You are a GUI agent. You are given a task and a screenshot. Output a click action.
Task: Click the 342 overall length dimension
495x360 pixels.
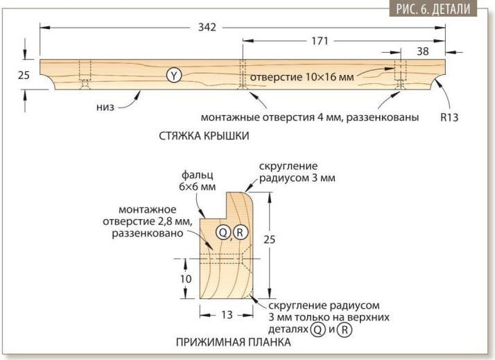[207, 28]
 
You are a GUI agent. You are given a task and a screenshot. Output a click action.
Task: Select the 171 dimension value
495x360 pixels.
[320, 41]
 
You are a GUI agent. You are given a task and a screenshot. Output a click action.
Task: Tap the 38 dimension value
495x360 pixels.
[423, 51]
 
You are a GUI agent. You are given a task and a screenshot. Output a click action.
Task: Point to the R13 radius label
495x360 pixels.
[449, 117]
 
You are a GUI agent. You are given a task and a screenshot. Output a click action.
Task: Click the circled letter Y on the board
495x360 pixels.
[174, 76]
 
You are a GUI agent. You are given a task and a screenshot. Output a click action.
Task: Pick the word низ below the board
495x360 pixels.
[105, 108]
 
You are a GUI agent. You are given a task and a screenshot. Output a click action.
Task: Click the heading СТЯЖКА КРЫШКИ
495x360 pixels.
[204, 136]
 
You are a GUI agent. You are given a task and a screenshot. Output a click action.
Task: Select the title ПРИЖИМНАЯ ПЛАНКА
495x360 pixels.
[234, 343]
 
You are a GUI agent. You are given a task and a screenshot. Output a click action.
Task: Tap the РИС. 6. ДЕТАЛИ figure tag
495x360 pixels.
[433, 9]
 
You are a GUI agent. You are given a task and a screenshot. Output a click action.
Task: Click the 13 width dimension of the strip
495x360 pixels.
[227, 315]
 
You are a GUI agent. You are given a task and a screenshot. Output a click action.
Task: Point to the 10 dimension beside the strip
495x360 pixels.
[186, 279]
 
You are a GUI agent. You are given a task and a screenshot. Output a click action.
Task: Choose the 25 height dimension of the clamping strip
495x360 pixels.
[269, 240]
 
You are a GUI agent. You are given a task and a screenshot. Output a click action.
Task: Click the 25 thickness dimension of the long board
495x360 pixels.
[24, 75]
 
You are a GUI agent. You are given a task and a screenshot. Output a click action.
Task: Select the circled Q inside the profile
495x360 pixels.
[223, 233]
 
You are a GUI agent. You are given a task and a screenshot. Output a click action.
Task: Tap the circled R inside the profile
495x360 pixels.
[240, 233]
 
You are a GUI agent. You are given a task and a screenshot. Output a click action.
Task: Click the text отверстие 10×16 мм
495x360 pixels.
[302, 77]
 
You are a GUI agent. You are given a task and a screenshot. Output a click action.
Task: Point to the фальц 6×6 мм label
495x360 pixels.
[198, 180]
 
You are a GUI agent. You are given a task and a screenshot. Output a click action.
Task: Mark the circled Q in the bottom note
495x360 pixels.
[318, 329]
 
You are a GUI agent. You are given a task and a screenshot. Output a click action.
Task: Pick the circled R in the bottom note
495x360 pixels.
[345, 329]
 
